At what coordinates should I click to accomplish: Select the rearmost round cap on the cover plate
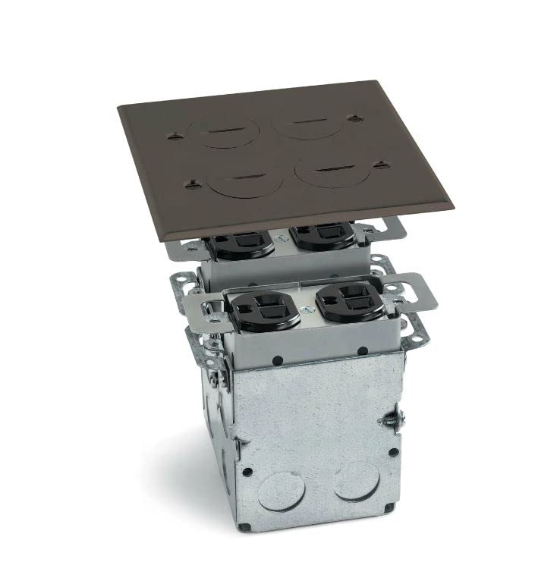(x=301, y=123)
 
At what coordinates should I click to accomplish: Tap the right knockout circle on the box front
(x=358, y=480)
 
